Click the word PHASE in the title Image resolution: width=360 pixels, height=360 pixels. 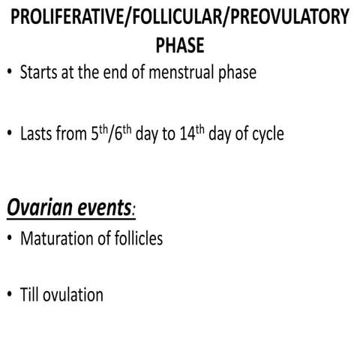click(179, 46)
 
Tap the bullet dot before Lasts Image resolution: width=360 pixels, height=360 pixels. click(8, 136)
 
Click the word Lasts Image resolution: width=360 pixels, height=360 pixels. click(40, 136)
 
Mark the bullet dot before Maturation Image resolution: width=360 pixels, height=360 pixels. click(8, 240)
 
